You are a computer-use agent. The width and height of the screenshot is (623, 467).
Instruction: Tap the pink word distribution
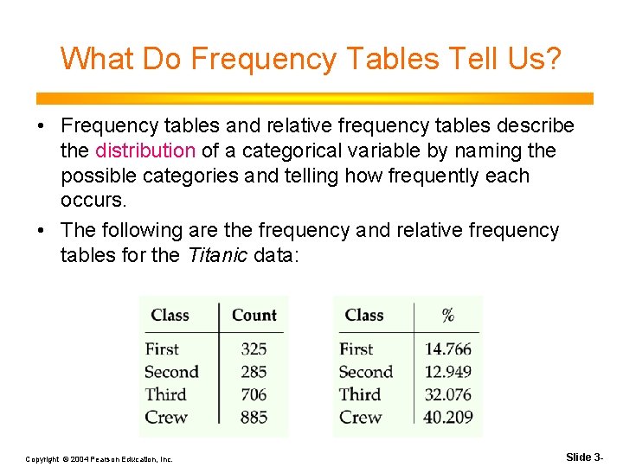tap(145, 150)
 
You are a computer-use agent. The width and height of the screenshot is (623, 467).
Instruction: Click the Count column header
tap(254, 315)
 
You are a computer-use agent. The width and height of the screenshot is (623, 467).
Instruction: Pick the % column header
tap(447, 315)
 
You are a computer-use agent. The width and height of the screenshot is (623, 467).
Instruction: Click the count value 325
tap(254, 349)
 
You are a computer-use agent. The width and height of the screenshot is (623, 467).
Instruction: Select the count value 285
tap(254, 372)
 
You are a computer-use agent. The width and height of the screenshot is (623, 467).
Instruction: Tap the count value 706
tap(254, 394)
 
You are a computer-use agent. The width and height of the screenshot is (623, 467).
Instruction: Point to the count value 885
tap(254, 417)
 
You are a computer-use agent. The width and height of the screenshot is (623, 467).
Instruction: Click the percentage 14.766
tap(447, 349)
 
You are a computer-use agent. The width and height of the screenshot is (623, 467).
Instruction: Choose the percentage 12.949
tap(447, 372)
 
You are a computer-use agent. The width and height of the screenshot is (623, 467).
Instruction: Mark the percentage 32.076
tap(447, 394)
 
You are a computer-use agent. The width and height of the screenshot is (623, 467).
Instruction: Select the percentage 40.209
tap(447, 417)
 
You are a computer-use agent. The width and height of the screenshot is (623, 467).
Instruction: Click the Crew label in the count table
tap(166, 417)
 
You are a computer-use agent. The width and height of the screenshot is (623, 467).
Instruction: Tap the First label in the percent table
tap(356, 349)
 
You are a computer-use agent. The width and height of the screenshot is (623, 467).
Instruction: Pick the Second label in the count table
tap(171, 372)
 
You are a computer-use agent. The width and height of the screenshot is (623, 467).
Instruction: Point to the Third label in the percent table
tap(359, 394)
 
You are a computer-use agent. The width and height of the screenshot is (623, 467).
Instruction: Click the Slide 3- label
tap(585, 457)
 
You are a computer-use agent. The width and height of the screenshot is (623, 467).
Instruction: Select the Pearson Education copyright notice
tap(99, 458)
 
